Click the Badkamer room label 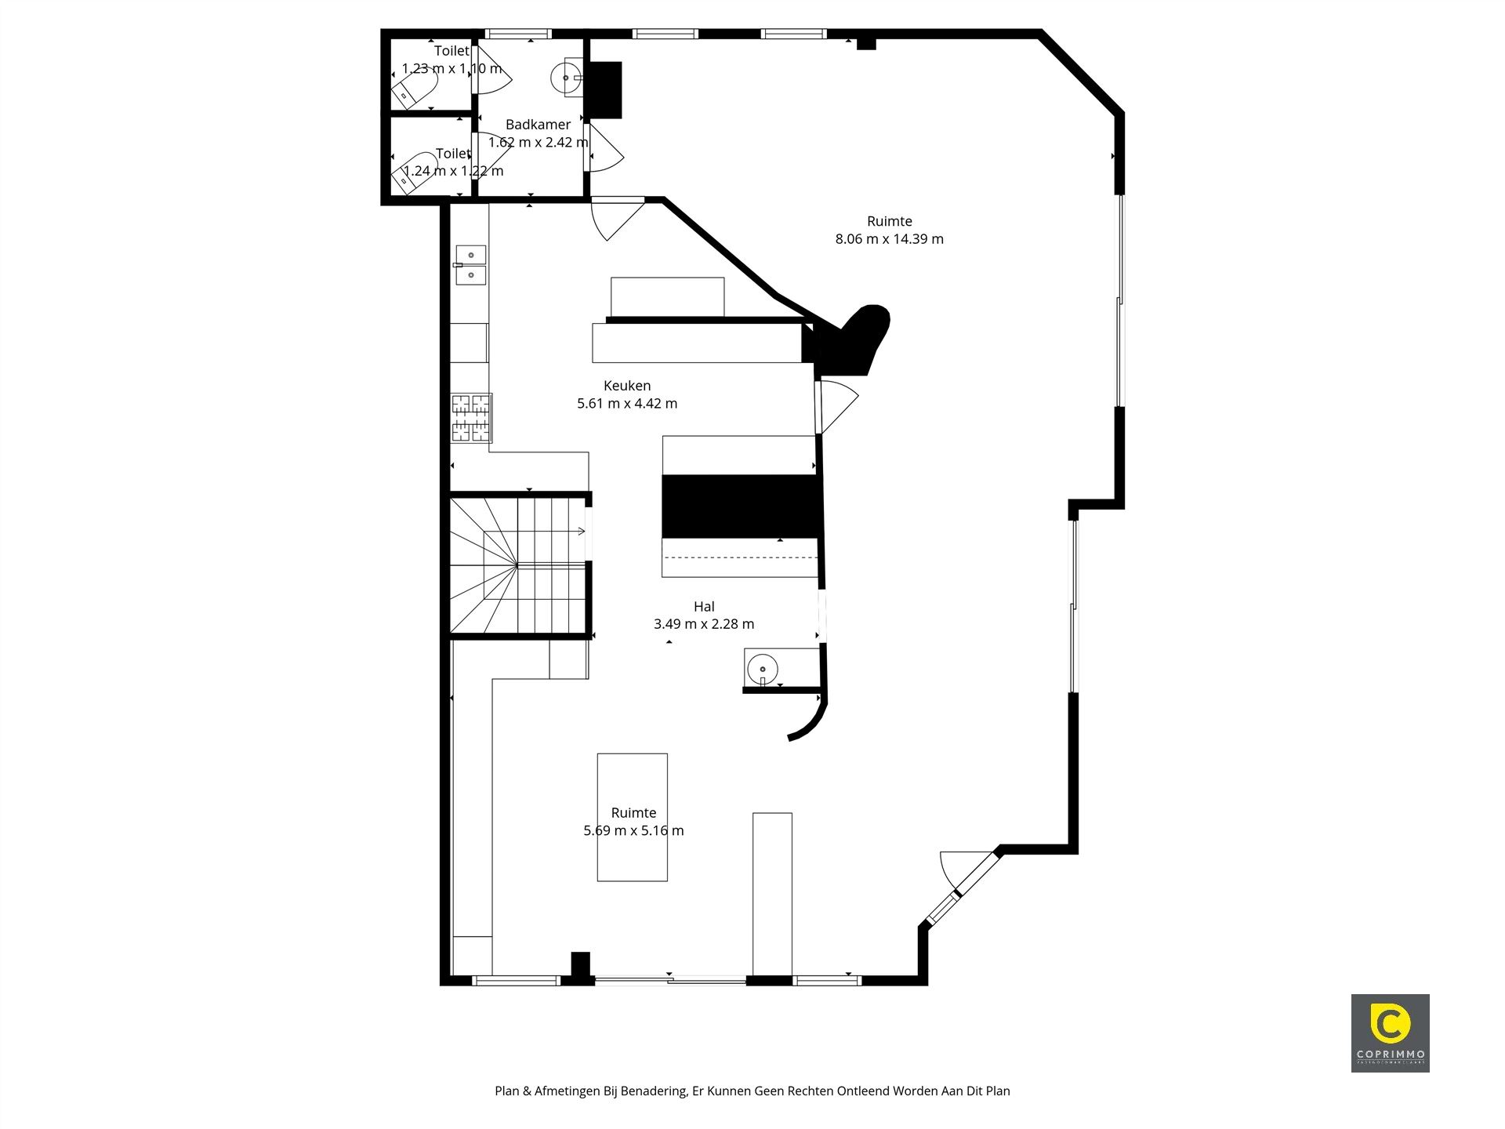(538, 125)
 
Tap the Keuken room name (627, 386)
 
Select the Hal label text (704, 606)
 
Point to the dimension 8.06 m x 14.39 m (889, 239)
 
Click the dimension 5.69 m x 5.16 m (633, 830)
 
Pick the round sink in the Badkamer (565, 78)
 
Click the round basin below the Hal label (761, 670)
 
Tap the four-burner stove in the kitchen (470, 417)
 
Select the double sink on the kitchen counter (470, 265)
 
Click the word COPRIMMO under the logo (1390, 1055)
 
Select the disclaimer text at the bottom (752, 1091)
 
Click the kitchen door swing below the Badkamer (615, 218)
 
